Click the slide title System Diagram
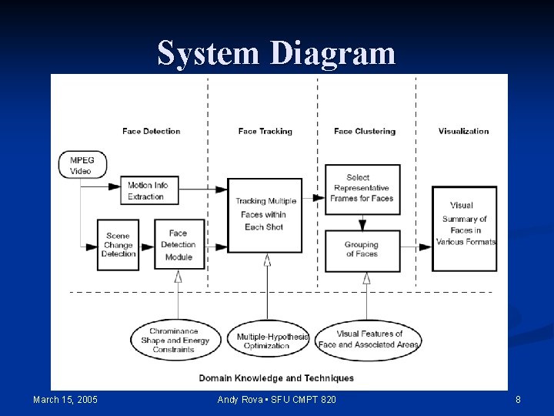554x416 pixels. click(276, 53)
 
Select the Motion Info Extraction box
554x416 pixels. click(149, 191)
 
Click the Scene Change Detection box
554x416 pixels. click(118, 245)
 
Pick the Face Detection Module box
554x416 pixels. click(179, 245)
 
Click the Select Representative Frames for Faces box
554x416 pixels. click(362, 188)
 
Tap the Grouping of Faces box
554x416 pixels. click(362, 250)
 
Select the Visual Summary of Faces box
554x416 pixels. click(464, 228)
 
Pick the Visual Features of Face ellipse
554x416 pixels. click(369, 340)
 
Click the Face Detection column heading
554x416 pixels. click(151, 131)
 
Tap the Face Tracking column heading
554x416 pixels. click(265, 131)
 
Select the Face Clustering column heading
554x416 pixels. click(365, 131)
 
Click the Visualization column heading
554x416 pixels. click(463, 131)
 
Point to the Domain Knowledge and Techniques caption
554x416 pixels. click(276, 378)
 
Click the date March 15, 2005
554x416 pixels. click(65, 400)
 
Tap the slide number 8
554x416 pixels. click(518, 400)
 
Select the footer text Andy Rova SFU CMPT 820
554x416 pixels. click(276, 400)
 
